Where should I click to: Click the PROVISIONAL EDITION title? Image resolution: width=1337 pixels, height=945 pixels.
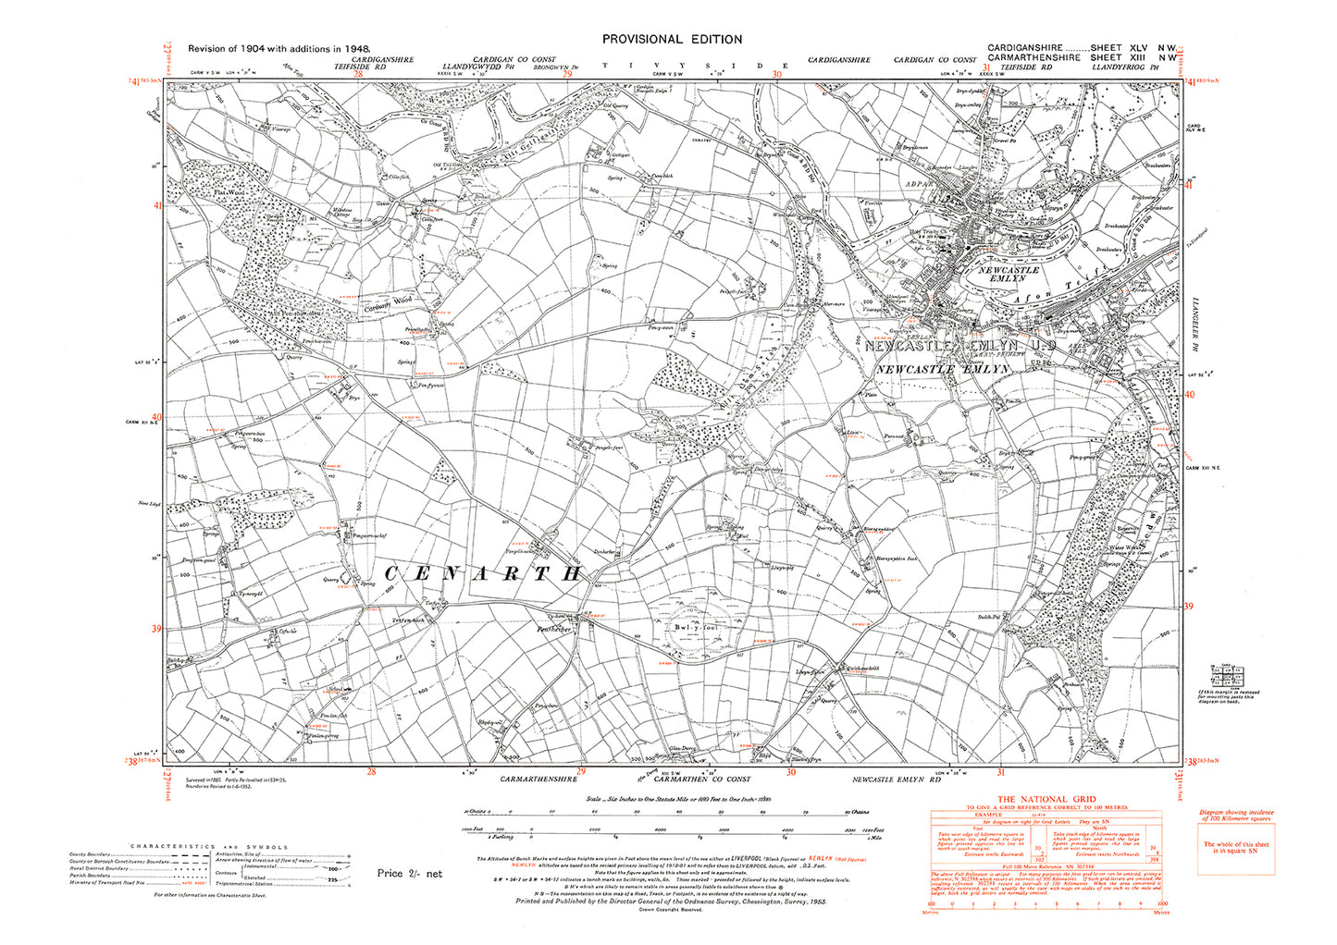coord(672,39)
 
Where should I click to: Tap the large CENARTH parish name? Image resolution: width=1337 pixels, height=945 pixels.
coord(481,573)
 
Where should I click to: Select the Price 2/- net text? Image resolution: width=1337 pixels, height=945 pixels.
coord(410,874)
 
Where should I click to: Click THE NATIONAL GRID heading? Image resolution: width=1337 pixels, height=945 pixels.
coord(1045,799)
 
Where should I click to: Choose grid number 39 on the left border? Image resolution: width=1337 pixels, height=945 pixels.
coord(156,630)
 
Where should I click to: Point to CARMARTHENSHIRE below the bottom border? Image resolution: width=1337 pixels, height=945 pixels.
coord(539,780)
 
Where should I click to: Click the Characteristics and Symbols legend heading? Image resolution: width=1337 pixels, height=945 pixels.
coord(209,847)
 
